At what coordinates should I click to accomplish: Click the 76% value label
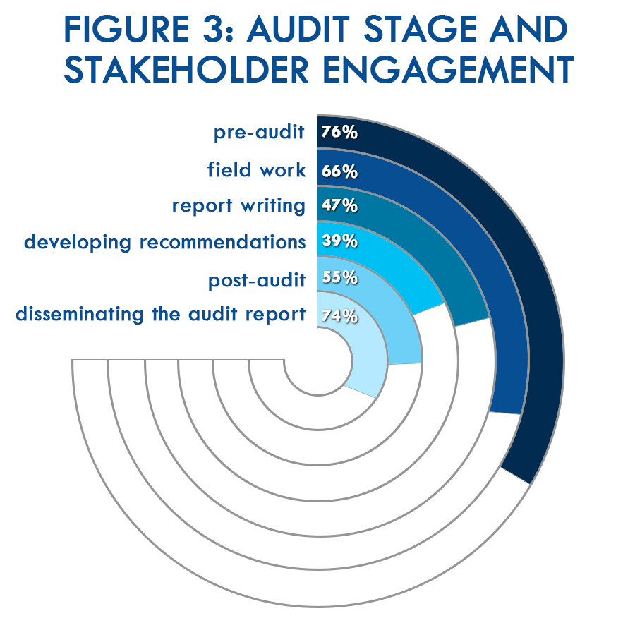(x=339, y=132)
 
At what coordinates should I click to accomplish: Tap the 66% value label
(x=339, y=171)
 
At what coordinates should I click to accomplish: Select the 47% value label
(x=339, y=206)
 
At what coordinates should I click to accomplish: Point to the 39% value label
(x=339, y=241)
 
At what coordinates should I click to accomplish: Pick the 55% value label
(x=339, y=277)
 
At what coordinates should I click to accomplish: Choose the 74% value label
(x=339, y=316)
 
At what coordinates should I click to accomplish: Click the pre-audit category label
(x=259, y=133)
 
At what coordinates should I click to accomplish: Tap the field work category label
(x=256, y=169)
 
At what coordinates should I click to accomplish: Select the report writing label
(x=238, y=206)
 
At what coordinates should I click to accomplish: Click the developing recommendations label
(x=165, y=243)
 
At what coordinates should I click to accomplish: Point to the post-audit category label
(x=257, y=280)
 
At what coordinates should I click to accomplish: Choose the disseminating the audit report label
(x=160, y=315)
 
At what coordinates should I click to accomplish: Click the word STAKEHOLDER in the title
(x=187, y=70)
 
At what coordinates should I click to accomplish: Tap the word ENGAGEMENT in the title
(x=448, y=70)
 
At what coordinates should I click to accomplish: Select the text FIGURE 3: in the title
(x=149, y=29)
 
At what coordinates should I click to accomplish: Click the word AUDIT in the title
(x=298, y=29)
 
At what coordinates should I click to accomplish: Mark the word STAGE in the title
(x=420, y=29)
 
